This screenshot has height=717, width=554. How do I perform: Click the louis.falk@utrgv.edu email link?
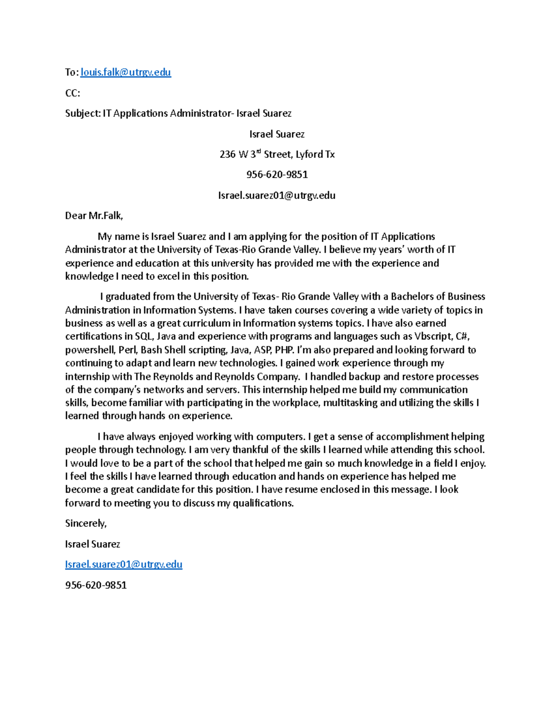(126, 72)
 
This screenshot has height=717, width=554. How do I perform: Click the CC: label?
(72, 93)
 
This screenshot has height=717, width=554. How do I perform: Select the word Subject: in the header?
(83, 114)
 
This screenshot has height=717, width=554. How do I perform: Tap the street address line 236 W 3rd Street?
(277, 155)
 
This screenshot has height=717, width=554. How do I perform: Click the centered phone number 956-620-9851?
(277, 175)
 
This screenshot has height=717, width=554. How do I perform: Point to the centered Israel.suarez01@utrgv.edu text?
(277, 196)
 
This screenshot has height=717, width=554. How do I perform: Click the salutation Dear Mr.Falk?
(94, 216)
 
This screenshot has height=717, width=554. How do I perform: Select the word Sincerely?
(86, 524)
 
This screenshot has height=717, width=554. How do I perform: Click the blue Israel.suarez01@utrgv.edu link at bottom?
(124, 565)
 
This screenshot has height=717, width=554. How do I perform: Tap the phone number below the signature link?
(96, 585)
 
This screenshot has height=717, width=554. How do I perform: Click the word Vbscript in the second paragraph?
(433, 337)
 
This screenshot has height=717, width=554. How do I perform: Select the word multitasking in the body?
(349, 403)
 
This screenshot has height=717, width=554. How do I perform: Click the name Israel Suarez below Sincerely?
(93, 544)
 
